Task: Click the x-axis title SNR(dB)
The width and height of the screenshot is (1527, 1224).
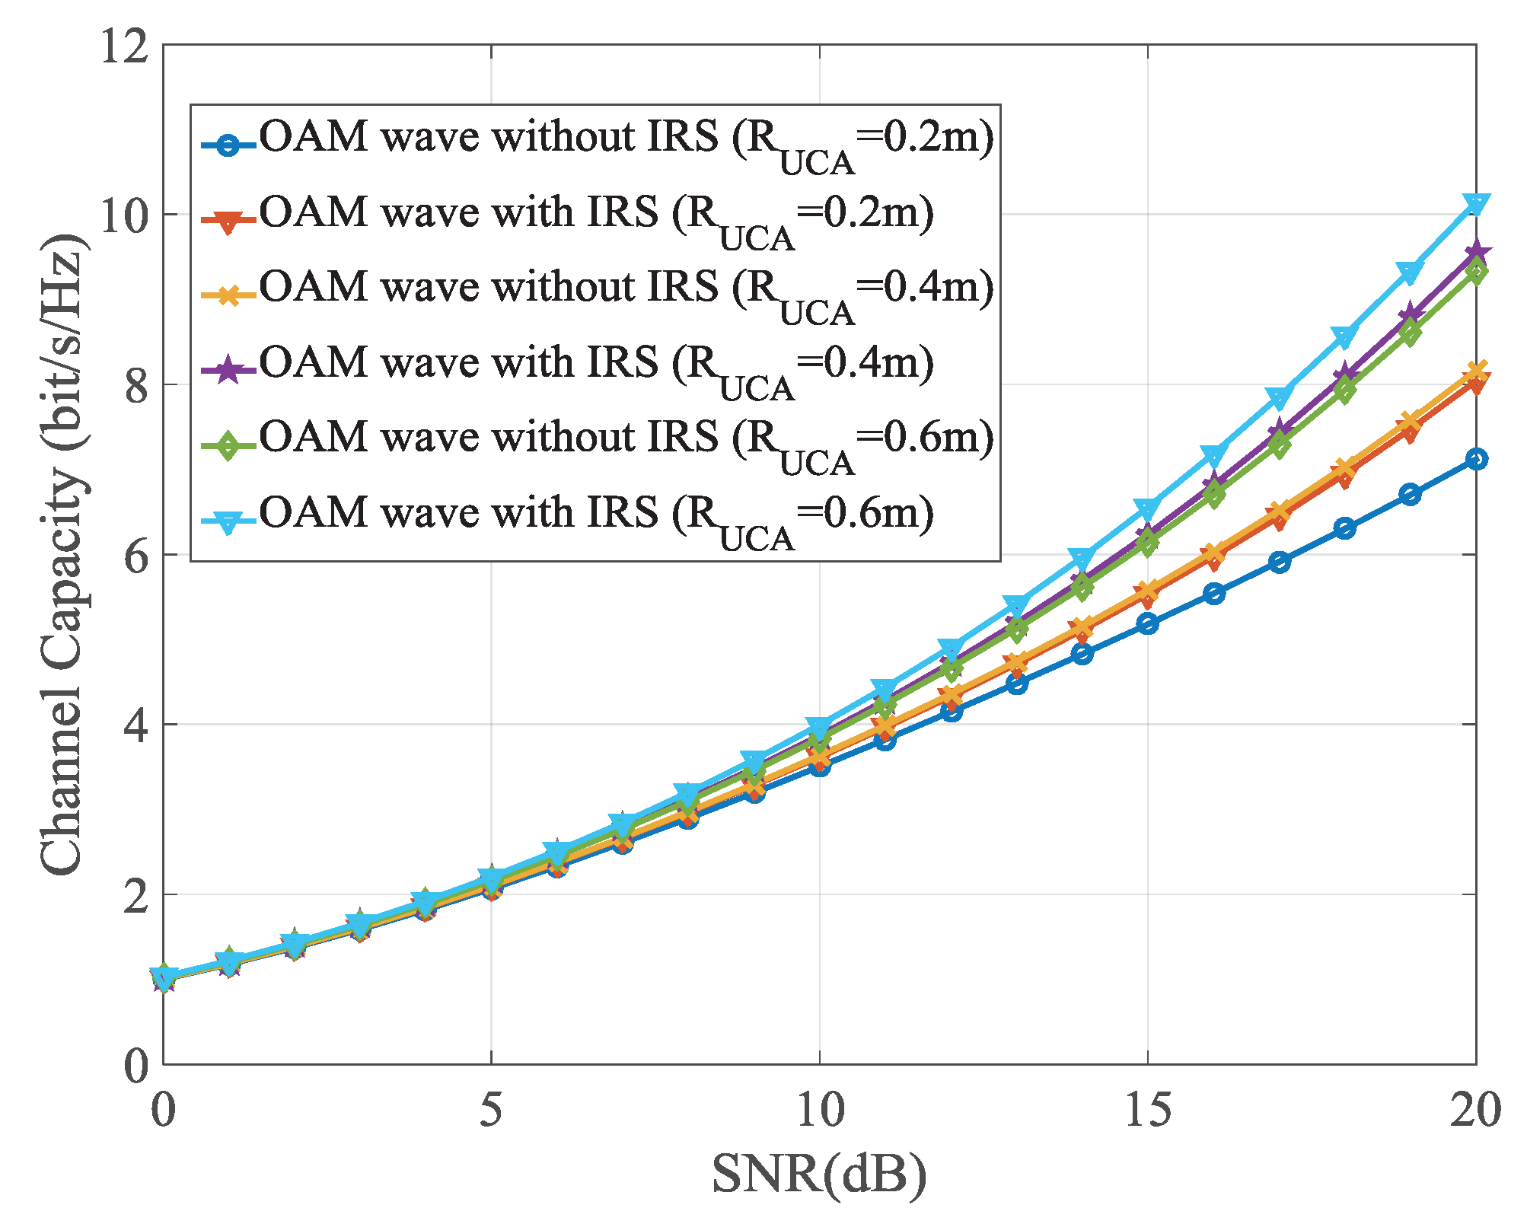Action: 819,1173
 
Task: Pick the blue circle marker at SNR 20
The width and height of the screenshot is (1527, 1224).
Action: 1476,459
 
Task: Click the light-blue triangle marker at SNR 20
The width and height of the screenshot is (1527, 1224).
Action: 1476,204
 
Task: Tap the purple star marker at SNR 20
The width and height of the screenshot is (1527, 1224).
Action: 1476,252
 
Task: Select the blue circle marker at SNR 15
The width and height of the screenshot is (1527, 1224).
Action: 1148,623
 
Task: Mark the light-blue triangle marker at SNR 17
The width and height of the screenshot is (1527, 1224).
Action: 1280,398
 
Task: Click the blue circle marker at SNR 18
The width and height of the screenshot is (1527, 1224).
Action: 1345,528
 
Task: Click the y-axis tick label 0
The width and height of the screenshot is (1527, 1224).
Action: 137,1066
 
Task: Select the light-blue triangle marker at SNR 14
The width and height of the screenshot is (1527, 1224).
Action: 1082,558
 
